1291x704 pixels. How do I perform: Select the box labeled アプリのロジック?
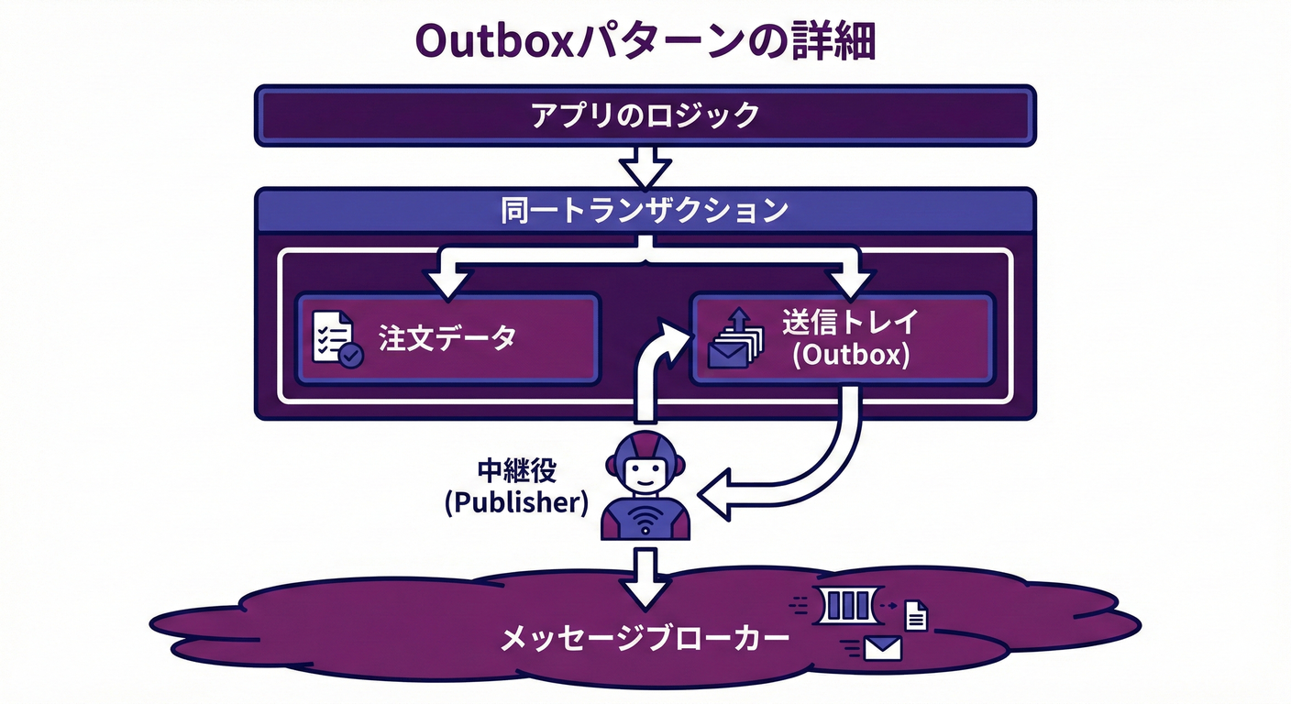(645, 115)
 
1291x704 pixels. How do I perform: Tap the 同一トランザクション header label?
(645, 211)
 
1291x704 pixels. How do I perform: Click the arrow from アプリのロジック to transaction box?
(645, 168)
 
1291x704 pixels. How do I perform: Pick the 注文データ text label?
(447, 337)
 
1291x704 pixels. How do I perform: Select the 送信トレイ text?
(850, 322)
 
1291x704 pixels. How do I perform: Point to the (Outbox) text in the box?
(850, 356)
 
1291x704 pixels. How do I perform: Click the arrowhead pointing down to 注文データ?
(447, 282)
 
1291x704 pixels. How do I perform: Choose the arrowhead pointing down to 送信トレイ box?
(851, 282)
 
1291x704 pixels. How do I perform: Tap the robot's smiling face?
(645, 474)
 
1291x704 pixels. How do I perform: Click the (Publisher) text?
(515, 503)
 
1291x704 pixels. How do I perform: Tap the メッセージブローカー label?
(645, 639)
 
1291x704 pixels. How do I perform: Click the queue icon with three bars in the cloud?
(845, 604)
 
